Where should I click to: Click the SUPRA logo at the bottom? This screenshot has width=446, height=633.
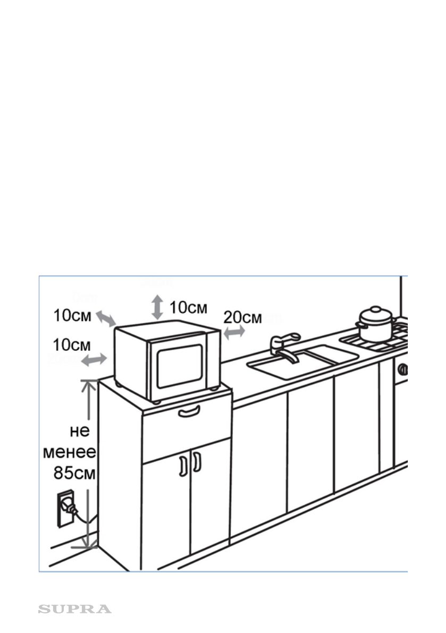pos(74,609)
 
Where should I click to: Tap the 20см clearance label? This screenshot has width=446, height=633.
pos(242,317)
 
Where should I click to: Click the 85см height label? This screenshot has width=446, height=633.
pos(74,473)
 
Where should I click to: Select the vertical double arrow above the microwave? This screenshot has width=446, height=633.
pos(157,308)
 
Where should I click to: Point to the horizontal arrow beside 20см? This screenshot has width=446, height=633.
pos(234,332)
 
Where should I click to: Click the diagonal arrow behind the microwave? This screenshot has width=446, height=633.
pos(105,319)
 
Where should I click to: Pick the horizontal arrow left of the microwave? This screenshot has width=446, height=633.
pos(94,360)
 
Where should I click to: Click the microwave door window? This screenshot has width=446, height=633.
pos(179,365)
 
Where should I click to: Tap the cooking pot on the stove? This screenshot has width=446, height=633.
pos(376,325)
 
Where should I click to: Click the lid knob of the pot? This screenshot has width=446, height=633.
pos(376,309)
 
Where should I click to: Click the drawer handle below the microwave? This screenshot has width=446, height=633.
pos(189,410)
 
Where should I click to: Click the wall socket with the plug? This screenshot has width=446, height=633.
pos(64,509)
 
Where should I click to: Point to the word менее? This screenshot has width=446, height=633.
pos(69,453)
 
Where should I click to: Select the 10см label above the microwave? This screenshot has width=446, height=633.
pos(188,307)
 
